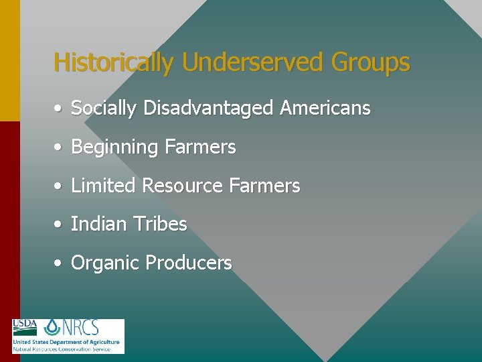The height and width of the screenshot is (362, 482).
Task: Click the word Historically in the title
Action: click(114, 63)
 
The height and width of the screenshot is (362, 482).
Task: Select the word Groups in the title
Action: click(370, 63)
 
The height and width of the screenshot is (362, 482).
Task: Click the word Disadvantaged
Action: click(208, 108)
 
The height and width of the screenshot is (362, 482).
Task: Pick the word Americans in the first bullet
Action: click(325, 108)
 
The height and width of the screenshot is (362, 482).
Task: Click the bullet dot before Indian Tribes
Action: click(60, 225)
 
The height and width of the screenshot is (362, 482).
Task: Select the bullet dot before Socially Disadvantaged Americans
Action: click(60, 109)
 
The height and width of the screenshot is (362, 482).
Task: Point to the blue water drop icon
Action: click(52, 326)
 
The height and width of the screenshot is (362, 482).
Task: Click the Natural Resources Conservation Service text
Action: click(62, 349)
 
